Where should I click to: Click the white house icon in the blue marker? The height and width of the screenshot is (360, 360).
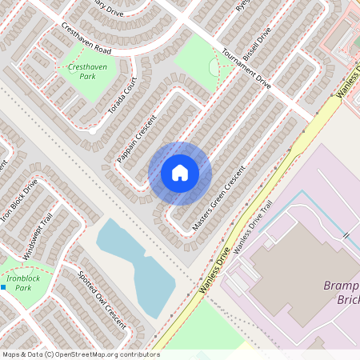tap(180, 173)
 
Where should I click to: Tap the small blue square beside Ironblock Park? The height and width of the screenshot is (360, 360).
tap(3, 286)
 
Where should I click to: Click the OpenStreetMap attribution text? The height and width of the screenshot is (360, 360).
tap(80, 354)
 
